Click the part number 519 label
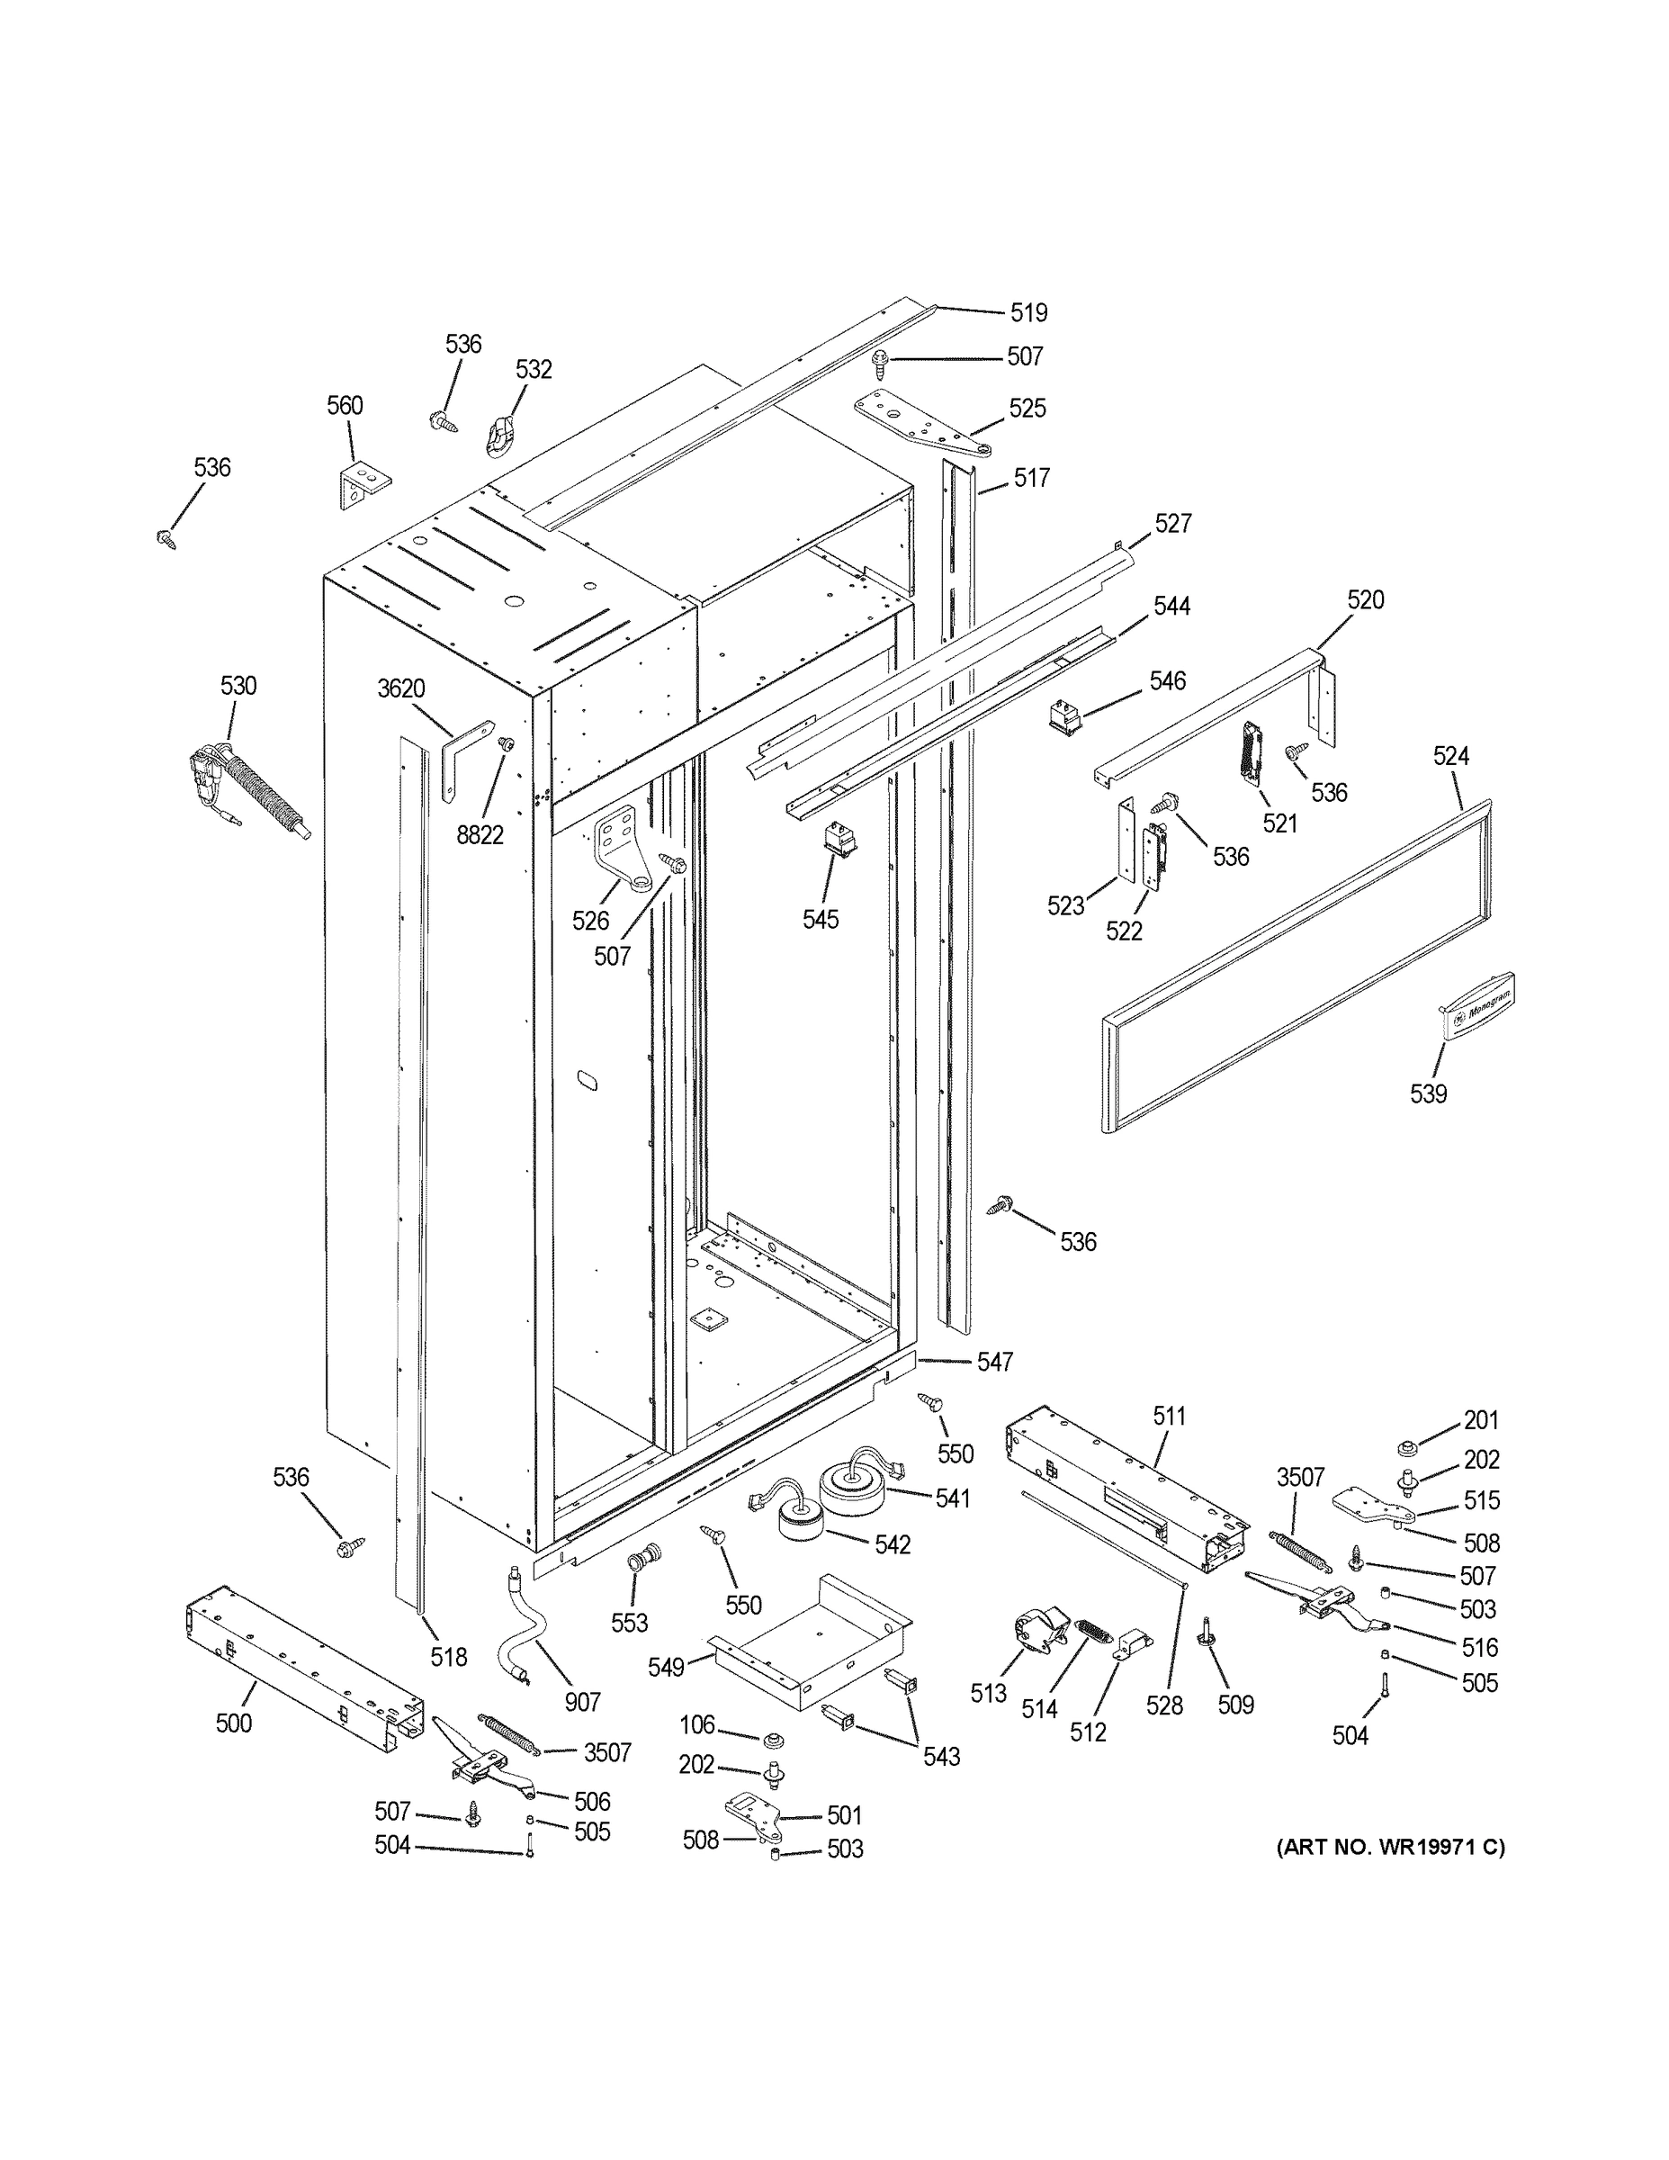(x=1028, y=313)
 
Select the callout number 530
(x=238, y=687)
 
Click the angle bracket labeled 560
(x=362, y=487)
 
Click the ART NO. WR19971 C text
(x=1390, y=1846)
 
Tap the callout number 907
(x=582, y=1701)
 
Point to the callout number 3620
(x=400, y=688)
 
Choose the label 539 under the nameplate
(x=1428, y=1093)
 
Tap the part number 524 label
(x=1450, y=757)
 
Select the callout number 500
(x=233, y=1723)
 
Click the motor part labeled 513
(x=1038, y=1631)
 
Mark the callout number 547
(x=995, y=1362)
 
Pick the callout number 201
(x=1481, y=1420)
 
